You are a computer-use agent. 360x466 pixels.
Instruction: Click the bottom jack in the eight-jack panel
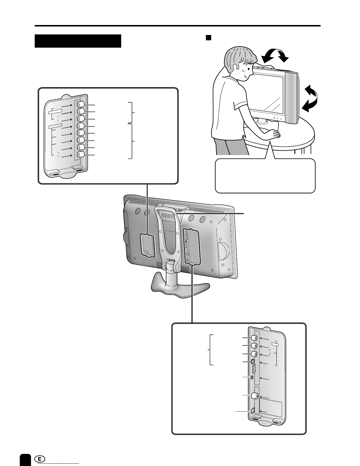tap(80, 155)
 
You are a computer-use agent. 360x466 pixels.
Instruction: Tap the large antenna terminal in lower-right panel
tap(254, 396)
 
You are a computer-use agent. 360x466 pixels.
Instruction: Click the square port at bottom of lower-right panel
tap(252, 411)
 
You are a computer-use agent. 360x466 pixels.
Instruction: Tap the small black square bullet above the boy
tap(209, 38)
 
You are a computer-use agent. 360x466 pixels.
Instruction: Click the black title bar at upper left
tap(78, 41)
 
